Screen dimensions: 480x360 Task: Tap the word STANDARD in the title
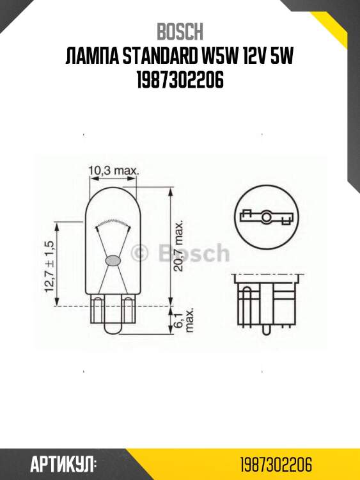[153, 58]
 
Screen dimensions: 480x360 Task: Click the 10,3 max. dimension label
[113, 171]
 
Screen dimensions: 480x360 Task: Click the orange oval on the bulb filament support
[113, 260]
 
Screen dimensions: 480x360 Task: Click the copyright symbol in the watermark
[139, 253]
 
